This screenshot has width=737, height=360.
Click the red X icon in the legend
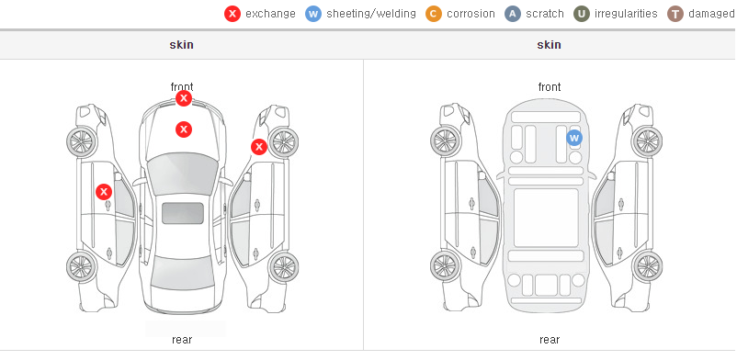(x=232, y=14)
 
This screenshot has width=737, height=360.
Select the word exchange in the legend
(x=270, y=14)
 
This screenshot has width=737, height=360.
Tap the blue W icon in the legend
(x=313, y=14)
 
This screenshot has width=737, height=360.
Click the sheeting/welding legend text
(x=371, y=14)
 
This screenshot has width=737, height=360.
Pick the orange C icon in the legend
(x=434, y=14)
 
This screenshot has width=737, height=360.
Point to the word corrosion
(x=471, y=14)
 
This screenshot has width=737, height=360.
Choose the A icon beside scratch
(x=513, y=14)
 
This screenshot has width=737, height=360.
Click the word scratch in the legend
(x=544, y=14)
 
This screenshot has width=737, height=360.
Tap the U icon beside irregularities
(x=582, y=14)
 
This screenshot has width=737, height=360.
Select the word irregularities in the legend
(x=626, y=14)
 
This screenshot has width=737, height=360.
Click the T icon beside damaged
(x=675, y=14)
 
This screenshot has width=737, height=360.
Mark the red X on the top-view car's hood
(x=184, y=129)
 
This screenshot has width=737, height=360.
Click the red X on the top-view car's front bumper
(x=184, y=98)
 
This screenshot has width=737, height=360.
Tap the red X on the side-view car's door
(x=104, y=192)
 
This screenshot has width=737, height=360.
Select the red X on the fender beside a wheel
(x=259, y=147)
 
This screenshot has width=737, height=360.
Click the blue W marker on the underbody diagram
(x=574, y=138)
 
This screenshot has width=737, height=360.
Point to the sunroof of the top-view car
(x=183, y=213)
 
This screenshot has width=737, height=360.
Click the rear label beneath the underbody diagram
(x=550, y=340)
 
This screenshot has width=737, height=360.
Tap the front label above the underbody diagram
(x=550, y=87)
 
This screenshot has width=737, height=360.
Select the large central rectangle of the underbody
(x=546, y=218)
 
